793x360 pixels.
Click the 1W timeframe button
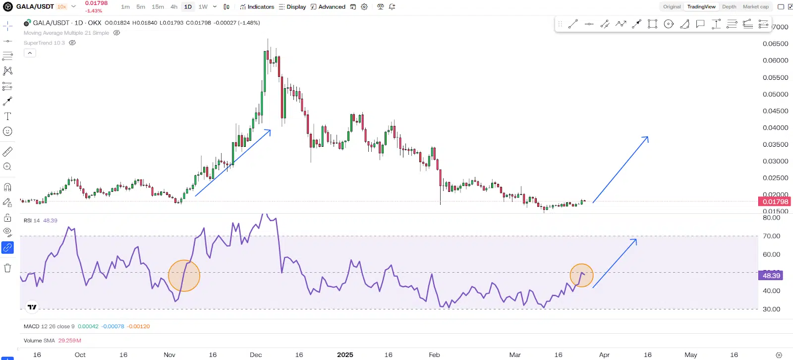coord(203,7)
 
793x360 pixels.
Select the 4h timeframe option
coord(173,7)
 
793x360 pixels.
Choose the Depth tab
coord(729,7)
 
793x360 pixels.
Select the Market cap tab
coord(755,7)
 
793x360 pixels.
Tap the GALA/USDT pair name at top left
coord(35,6)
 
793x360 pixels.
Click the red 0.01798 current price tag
coord(775,202)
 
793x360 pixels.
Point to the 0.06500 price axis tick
coord(775,44)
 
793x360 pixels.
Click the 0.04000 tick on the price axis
coord(775,127)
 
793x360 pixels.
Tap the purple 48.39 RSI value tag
coord(771,276)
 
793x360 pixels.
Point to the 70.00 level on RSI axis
coord(772,236)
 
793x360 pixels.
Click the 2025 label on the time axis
coord(345,355)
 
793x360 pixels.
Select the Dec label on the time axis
coord(256,355)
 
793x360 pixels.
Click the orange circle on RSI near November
coord(184,276)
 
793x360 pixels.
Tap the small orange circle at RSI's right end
coord(581,275)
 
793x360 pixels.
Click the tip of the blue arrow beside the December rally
coord(270,130)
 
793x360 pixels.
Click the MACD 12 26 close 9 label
coord(49,326)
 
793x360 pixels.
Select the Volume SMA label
coord(39,341)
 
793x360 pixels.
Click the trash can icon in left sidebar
coord(7,268)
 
